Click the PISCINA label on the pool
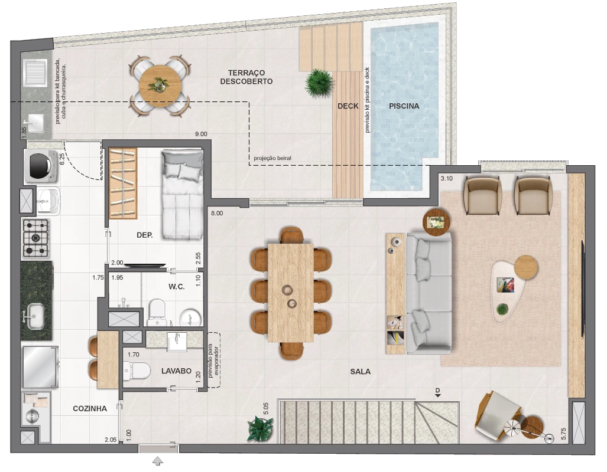click(x=404, y=106)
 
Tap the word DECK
click(x=348, y=106)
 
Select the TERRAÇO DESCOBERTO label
click(x=246, y=77)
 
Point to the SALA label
click(x=360, y=372)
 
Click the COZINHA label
click(x=90, y=409)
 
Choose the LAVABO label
click(x=176, y=371)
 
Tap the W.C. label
click(x=176, y=287)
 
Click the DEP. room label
click(x=144, y=235)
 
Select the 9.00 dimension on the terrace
click(x=201, y=134)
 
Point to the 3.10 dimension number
click(x=446, y=178)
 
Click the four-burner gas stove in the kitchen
click(x=36, y=238)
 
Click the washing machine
click(x=41, y=166)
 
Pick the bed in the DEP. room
click(x=182, y=195)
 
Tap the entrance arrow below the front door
click(x=158, y=461)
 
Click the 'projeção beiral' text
click(x=272, y=158)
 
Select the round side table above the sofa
click(x=436, y=222)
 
